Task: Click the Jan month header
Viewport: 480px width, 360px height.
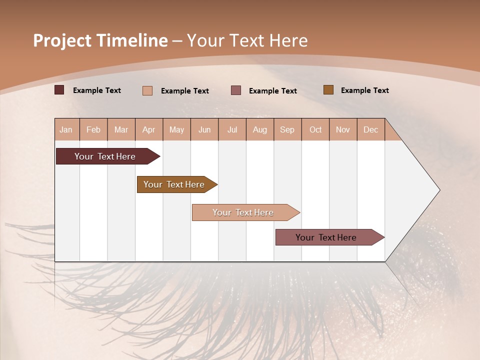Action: (x=66, y=130)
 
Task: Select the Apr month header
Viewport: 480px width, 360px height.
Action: (x=148, y=130)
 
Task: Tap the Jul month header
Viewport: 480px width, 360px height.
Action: (x=232, y=130)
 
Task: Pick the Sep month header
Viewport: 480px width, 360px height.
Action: (x=287, y=130)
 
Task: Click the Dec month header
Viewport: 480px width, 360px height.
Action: (x=370, y=130)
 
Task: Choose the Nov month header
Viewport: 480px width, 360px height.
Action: (x=342, y=130)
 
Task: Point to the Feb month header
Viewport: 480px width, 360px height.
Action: (x=93, y=130)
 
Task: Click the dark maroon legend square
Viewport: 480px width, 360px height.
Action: (x=59, y=90)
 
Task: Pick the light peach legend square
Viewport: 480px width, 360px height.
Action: (x=147, y=90)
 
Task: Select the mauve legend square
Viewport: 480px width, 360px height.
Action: (x=236, y=90)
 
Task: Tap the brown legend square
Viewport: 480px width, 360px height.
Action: (x=328, y=90)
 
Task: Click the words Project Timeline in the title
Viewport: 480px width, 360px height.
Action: (x=100, y=40)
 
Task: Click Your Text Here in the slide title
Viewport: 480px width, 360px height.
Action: (x=247, y=40)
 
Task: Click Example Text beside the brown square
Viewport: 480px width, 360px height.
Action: (x=364, y=90)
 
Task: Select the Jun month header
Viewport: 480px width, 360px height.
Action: (x=204, y=130)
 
